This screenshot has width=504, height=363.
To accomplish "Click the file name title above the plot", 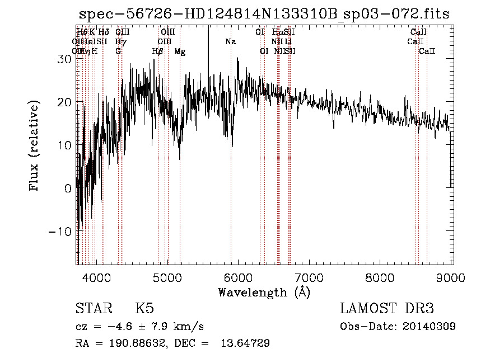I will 264,14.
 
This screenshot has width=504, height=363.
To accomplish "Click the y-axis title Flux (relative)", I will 35,147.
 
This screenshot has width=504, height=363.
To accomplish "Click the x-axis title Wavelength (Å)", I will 264,292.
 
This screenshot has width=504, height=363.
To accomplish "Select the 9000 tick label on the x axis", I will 451,278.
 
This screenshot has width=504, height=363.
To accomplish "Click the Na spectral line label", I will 230,42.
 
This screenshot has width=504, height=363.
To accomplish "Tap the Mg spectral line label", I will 180,51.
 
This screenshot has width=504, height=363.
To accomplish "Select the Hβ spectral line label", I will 157,51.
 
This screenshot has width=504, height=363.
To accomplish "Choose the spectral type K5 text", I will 144,309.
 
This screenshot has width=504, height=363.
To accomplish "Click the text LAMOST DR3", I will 387,309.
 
